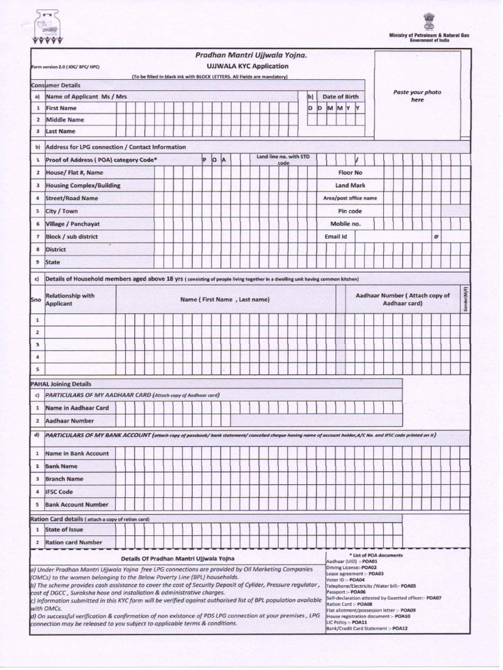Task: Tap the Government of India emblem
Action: (x=429, y=21)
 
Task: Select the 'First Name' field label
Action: (x=61, y=108)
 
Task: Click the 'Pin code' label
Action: (x=350, y=211)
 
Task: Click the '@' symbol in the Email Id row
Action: (x=436, y=237)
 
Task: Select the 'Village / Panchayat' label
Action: (x=73, y=224)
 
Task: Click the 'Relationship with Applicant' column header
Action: (x=70, y=300)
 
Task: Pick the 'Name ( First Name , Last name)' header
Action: (x=225, y=300)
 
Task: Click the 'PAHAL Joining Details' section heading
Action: (x=61, y=384)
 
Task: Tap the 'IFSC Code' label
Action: (x=59, y=491)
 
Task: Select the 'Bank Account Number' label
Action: (x=77, y=504)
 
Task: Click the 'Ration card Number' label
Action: (x=73, y=542)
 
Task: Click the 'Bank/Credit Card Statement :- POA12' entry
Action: (x=367, y=628)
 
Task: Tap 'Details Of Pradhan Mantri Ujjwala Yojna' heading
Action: (x=177, y=559)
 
